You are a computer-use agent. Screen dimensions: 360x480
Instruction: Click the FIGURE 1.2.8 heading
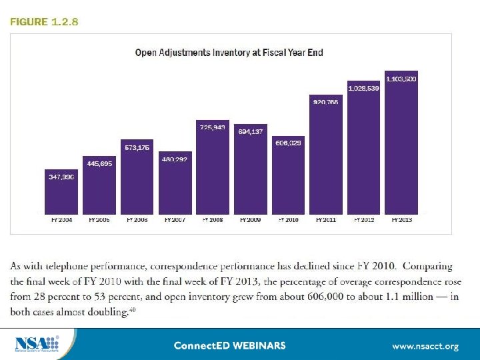(x=44, y=22)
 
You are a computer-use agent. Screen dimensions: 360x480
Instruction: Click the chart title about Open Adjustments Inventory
(x=229, y=53)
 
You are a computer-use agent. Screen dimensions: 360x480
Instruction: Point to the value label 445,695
(x=99, y=163)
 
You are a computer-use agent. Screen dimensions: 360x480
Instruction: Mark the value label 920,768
(x=325, y=102)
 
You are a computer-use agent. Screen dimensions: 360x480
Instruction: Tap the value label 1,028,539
(x=363, y=88)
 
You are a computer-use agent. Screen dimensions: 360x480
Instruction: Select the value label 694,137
(x=250, y=131)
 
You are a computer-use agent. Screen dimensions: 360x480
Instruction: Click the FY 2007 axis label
(x=175, y=219)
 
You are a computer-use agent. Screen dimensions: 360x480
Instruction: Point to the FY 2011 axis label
(x=325, y=219)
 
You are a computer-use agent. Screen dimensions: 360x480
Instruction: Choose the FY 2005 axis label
(x=99, y=219)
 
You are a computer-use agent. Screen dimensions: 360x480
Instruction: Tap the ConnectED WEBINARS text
(x=229, y=345)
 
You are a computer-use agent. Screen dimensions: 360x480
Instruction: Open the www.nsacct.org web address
(x=425, y=346)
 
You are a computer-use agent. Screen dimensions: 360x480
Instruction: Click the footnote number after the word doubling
(x=133, y=309)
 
